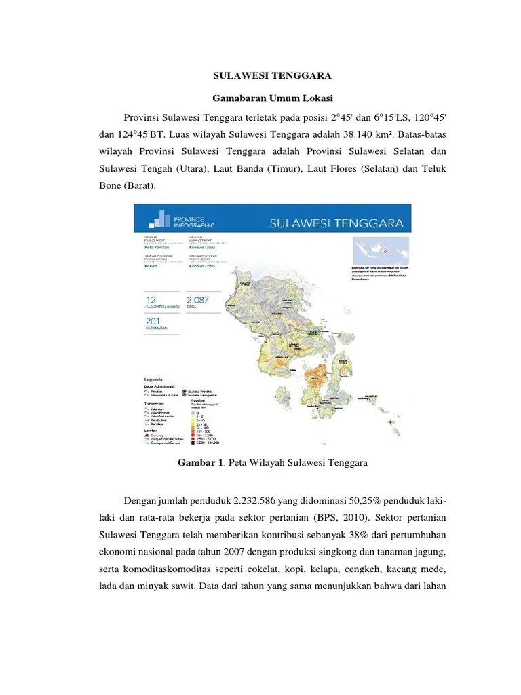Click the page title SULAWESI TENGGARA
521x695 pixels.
pyautogui.click(x=260, y=77)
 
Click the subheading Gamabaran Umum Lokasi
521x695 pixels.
pyautogui.click(x=260, y=98)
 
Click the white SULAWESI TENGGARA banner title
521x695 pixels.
pyautogui.click(x=337, y=223)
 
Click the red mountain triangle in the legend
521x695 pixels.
pyautogui.click(x=147, y=434)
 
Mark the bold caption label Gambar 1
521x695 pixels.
pyautogui.click(x=200, y=464)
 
